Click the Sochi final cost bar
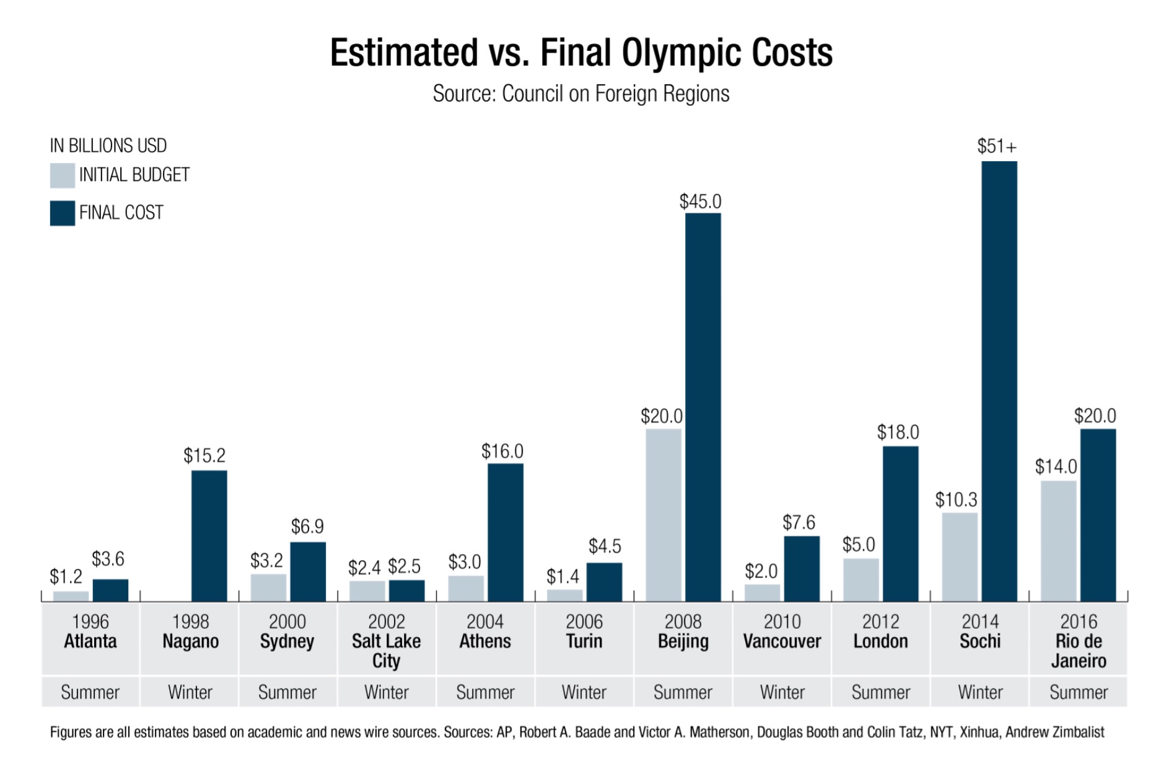pos(999,381)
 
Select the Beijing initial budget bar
pos(663,514)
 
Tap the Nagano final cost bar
pos(209,536)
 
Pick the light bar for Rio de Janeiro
pos(1058,541)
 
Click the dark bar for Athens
pos(505,533)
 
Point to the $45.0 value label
pos(700,201)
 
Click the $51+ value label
pos(997,146)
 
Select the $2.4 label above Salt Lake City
pos(364,567)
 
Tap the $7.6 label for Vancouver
pos(799,522)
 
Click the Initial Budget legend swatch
pos(62,175)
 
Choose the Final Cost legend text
pos(121,213)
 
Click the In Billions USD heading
pos(108,146)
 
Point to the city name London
pos(880,641)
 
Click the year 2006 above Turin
pos(584,621)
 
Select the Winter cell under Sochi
pos(979,692)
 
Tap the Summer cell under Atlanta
pos(90,692)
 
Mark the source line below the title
pos(580,94)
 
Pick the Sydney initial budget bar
pos(268,587)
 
